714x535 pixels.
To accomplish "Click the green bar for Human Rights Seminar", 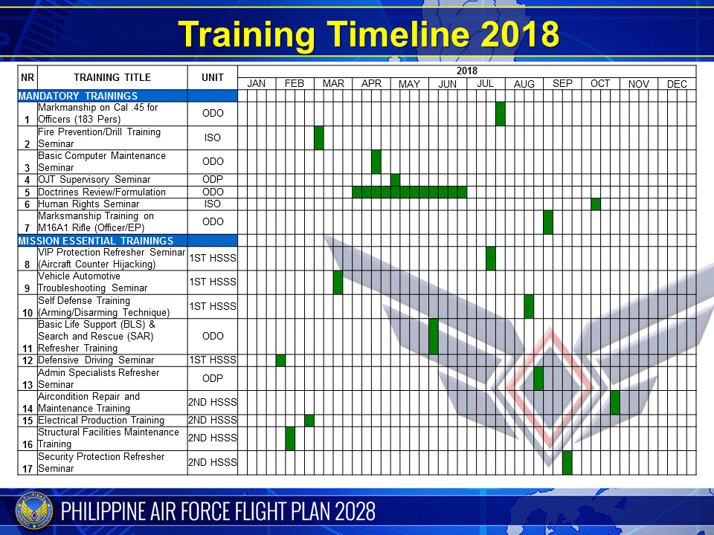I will coord(596,204).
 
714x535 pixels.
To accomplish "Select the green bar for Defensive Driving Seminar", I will coord(280,360).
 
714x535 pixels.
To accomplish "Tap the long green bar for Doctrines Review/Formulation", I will coord(410,192).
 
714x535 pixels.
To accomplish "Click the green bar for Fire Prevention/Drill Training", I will coord(319,137).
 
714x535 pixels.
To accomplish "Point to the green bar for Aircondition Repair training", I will coord(615,402).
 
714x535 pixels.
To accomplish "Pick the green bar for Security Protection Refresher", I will coord(567,462).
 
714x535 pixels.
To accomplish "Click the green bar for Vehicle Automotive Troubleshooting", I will coord(338,282).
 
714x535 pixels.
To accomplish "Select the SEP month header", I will coord(562,84).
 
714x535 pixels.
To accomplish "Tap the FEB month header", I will coord(295,84).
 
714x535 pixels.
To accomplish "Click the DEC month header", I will coord(677,84).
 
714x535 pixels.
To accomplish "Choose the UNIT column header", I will coord(213,77).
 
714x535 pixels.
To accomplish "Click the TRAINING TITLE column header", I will coord(112,77).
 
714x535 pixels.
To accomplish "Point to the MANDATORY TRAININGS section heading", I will coord(78,96).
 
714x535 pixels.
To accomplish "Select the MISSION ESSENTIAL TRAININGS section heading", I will coord(96,241).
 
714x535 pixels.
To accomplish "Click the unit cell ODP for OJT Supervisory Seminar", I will coord(213,180).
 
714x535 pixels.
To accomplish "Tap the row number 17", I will coord(28,468).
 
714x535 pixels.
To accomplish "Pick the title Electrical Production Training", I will coord(101,421).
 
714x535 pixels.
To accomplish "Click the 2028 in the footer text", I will coord(355,511).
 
